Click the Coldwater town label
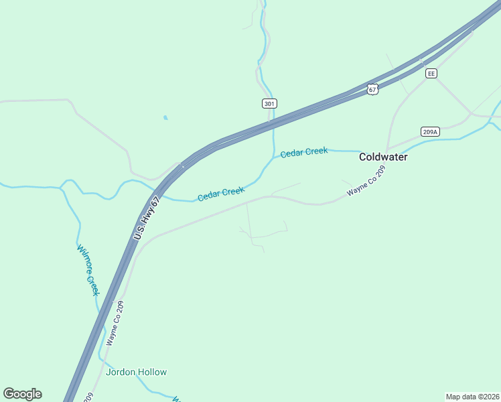tap(383, 157)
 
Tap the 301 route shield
tap(269, 104)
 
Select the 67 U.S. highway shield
tap(372, 88)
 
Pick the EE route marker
tap(431, 73)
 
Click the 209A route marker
tap(430, 131)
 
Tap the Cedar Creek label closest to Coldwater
tap(304, 152)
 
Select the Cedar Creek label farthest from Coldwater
tap(220, 194)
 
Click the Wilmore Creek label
tap(88, 270)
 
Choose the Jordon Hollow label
tap(136, 372)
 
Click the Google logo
tap(22, 394)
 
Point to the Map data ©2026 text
tap(472, 396)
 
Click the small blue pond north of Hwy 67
tap(165, 118)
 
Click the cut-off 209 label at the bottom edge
tap(88, 397)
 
